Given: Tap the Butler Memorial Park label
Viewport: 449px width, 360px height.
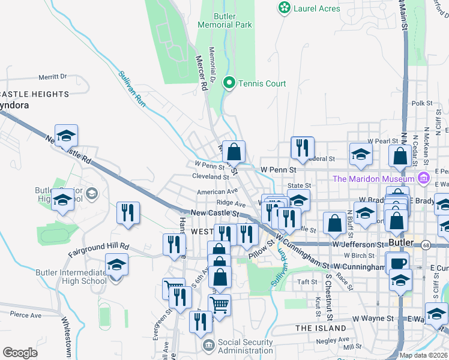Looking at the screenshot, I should (226, 20).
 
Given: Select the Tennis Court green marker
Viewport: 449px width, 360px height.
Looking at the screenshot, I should (229, 83).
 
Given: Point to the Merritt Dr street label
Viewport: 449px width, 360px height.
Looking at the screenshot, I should (52, 77).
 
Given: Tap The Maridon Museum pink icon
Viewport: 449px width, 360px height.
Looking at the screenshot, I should (424, 178).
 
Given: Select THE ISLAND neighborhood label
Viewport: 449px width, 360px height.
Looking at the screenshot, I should (321, 328).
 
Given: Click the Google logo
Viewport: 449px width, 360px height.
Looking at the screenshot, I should (20, 353).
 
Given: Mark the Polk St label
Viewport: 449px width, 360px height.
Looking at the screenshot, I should (422, 104).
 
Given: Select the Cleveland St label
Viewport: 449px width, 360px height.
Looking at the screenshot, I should (210, 177).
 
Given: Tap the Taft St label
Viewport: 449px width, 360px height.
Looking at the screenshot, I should (307, 281).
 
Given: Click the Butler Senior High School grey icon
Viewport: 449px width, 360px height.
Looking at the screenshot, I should (91, 193).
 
